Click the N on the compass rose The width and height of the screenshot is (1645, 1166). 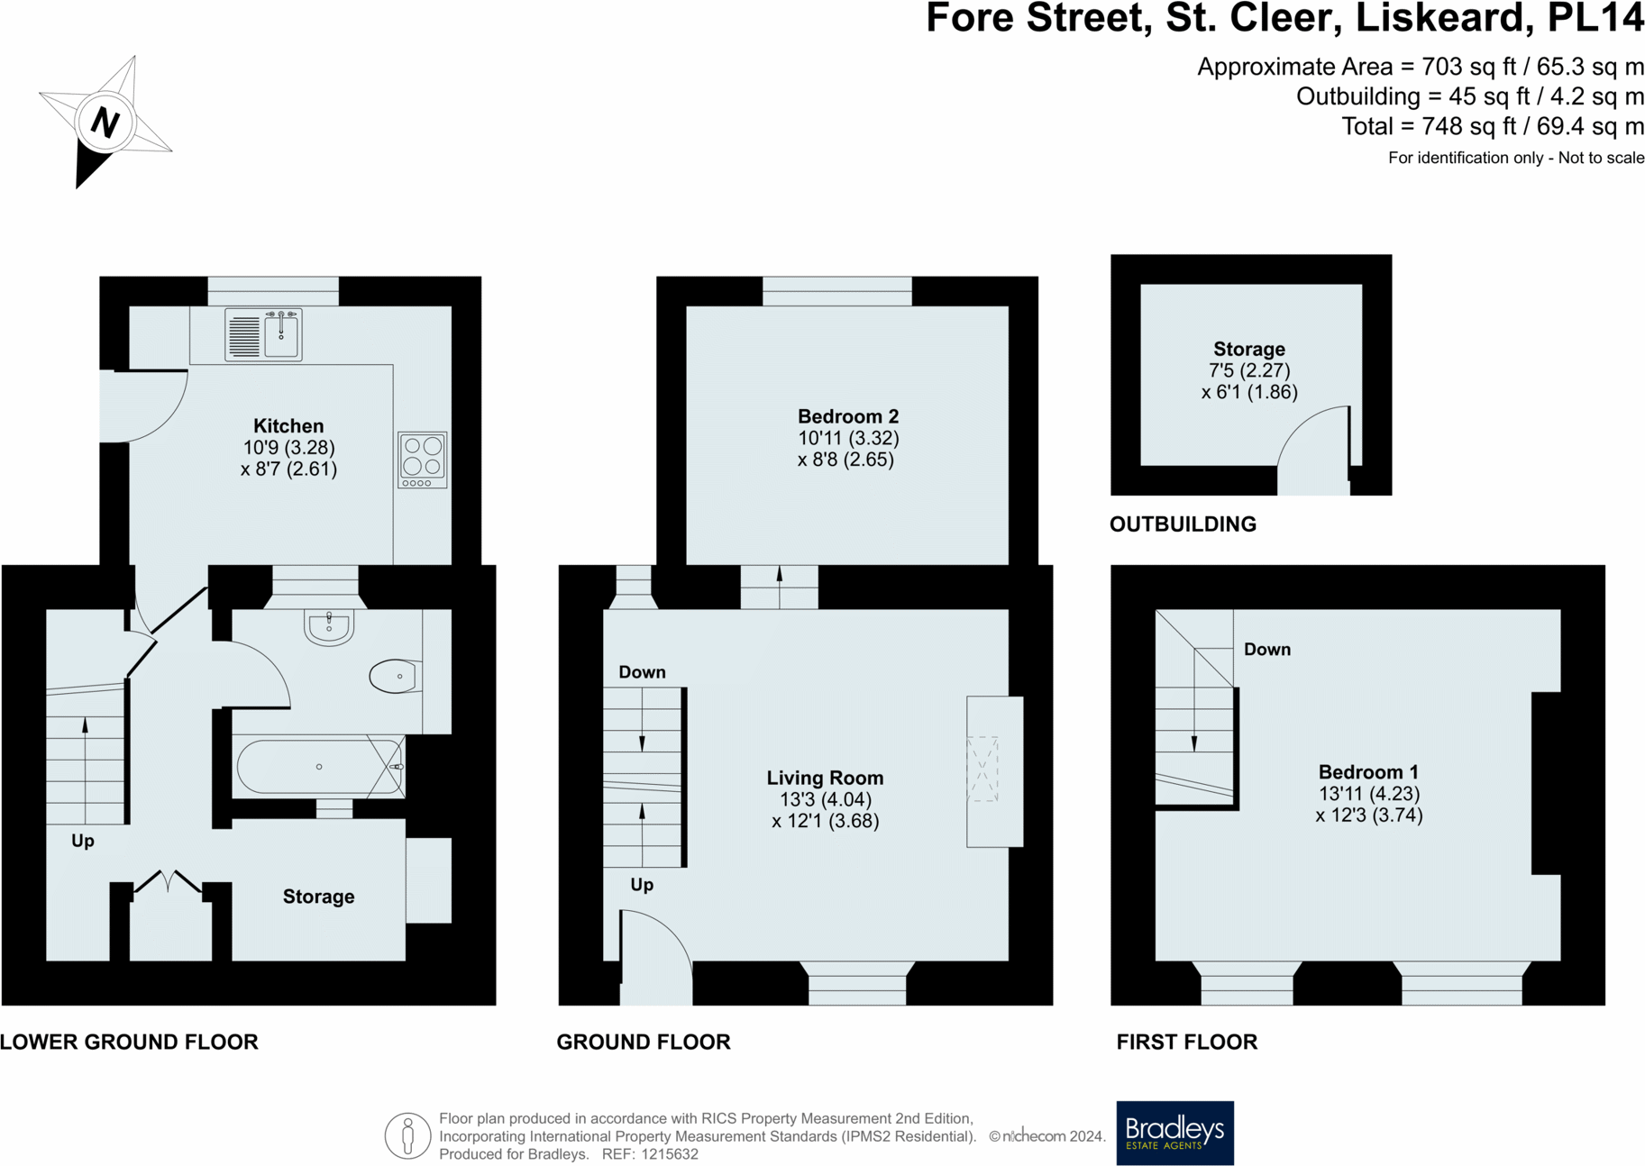pyautogui.click(x=105, y=122)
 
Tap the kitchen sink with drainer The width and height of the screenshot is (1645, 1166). pyautogui.click(x=263, y=334)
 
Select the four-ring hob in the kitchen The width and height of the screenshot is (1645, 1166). pyautogui.click(x=423, y=460)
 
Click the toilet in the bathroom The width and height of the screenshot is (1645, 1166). pyautogui.click(x=395, y=676)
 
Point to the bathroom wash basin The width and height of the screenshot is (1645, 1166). pyautogui.click(x=329, y=627)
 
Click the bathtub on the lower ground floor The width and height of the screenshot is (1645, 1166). pyautogui.click(x=319, y=767)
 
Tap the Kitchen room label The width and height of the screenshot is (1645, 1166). pyautogui.click(x=288, y=426)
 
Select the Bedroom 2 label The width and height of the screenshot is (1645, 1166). pyautogui.click(x=847, y=416)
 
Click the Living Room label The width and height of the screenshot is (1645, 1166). pyautogui.click(x=825, y=778)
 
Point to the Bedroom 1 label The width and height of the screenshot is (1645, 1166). pyautogui.click(x=1368, y=772)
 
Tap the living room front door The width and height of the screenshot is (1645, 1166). pyautogui.click(x=656, y=958)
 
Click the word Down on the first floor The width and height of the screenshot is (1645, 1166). pyautogui.click(x=1266, y=650)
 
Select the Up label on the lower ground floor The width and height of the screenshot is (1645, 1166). pyautogui.click(x=83, y=841)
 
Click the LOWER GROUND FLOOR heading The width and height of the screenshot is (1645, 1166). pyautogui.click(x=129, y=1042)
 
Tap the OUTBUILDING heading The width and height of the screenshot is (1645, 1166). pyautogui.click(x=1183, y=524)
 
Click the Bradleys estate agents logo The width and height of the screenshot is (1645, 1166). pyautogui.click(x=1174, y=1133)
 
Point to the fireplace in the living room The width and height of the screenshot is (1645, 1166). pyautogui.click(x=993, y=771)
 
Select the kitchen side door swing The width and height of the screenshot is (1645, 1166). pyautogui.click(x=142, y=405)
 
